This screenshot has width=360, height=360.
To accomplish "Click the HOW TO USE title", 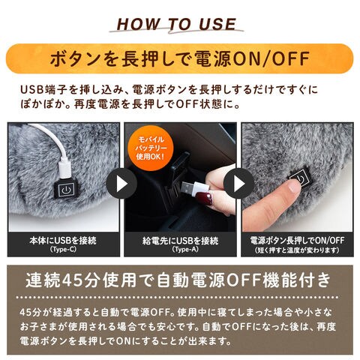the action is point(176,24).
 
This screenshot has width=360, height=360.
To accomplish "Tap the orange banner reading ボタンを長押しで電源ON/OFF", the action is point(180,58).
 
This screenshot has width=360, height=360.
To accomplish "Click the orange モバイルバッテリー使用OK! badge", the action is point(150,148).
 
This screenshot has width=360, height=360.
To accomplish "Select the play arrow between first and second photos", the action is point(121,184).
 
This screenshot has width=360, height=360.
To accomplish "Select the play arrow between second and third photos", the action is point(238,184).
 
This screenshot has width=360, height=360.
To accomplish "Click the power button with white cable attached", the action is point(66,190).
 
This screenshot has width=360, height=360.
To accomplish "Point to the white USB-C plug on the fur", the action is point(66,170).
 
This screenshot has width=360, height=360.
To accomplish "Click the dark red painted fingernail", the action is point(203,198).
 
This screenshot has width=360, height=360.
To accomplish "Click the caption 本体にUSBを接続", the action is point(63,241).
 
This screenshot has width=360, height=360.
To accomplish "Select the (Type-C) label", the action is point(63,250).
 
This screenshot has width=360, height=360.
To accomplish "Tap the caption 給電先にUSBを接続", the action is point(181,241).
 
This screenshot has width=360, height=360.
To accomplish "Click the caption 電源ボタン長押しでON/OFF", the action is point(297,241).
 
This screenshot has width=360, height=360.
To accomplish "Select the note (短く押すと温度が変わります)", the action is point(297,250).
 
